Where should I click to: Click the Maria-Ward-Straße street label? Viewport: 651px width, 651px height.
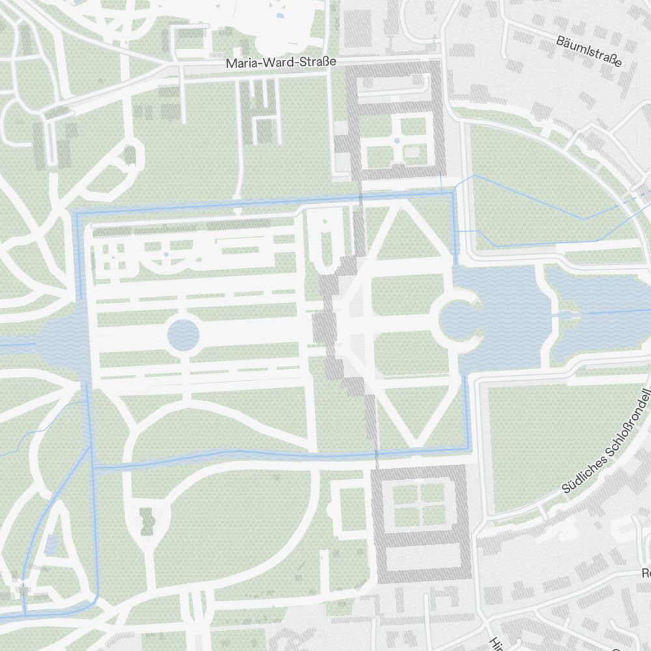pos(281,63)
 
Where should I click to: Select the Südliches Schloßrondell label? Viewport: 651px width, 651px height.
pos(605,443)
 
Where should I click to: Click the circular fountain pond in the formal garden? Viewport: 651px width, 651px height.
pos(183,335)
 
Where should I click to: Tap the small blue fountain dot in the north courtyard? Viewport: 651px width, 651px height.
pos(397,140)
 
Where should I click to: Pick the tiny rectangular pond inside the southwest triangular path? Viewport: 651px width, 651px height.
pos(51,542)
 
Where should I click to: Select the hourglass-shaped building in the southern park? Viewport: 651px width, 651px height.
pos(146,521)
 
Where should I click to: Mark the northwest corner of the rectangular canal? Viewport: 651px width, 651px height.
pos(77,213)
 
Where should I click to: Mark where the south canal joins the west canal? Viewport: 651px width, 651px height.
pos(93,467)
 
